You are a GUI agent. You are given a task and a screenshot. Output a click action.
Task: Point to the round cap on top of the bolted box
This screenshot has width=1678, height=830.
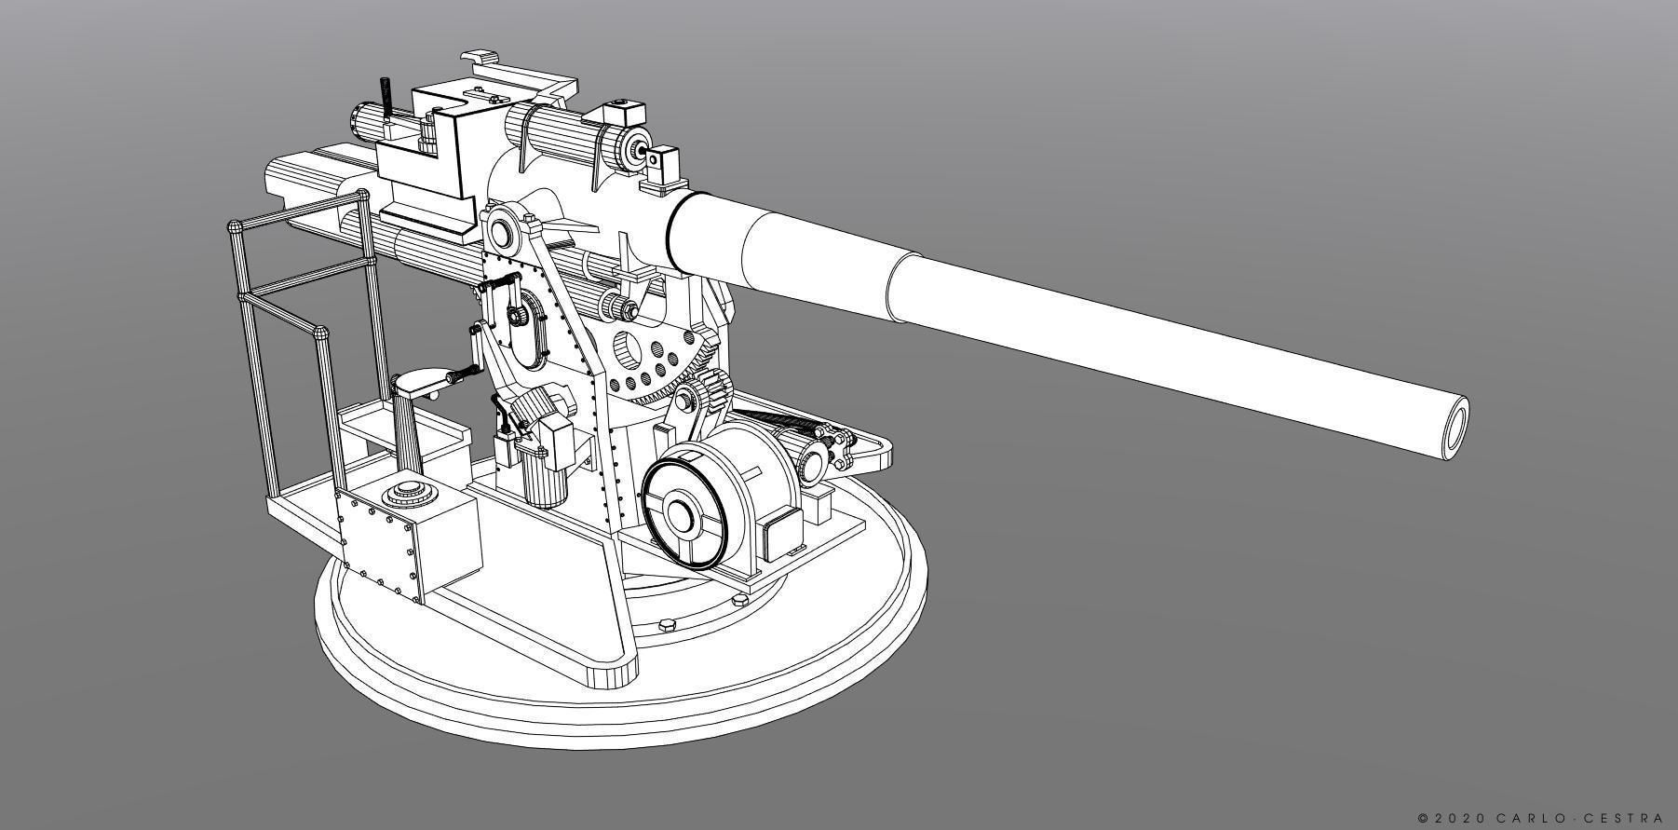pos(408,490)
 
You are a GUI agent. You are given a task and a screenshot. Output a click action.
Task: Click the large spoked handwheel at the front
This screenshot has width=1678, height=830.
pos(683,510)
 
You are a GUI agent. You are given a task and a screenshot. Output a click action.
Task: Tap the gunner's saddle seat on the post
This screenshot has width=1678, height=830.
pos(420,381)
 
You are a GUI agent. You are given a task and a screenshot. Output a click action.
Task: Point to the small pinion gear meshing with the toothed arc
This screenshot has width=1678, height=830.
pos(717,385)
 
